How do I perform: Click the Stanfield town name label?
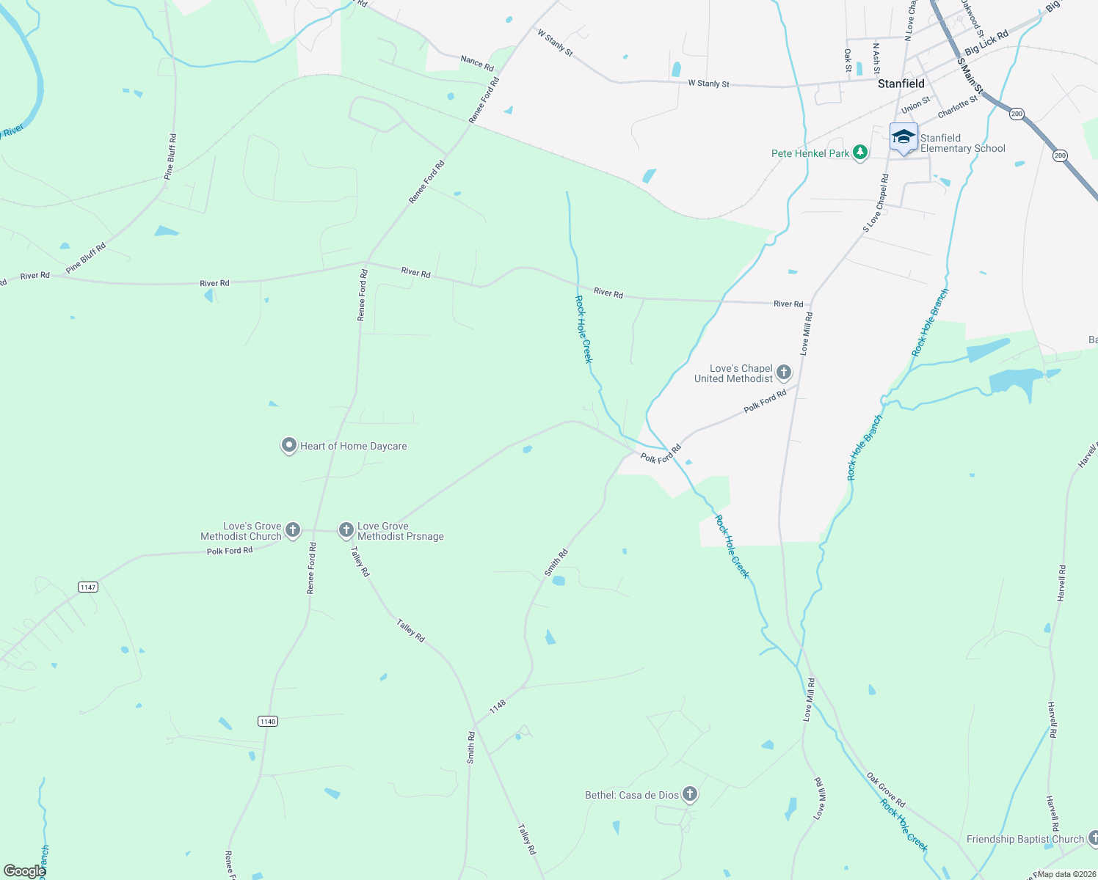901,84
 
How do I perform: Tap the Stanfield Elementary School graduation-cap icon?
904,137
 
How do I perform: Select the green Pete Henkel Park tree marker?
860,153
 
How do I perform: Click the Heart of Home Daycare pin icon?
289,445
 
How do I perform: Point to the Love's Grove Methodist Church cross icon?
293,529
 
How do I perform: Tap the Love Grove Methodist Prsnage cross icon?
346,529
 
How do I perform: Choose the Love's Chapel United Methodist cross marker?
784,373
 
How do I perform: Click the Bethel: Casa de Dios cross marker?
689,794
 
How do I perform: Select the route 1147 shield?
88,587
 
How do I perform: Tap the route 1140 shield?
268,722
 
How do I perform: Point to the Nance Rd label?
477,63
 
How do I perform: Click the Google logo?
24,871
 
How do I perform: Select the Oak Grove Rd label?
886,790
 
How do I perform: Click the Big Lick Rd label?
986,43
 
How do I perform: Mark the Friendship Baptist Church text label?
1025,839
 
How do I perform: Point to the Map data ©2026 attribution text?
1066,874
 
